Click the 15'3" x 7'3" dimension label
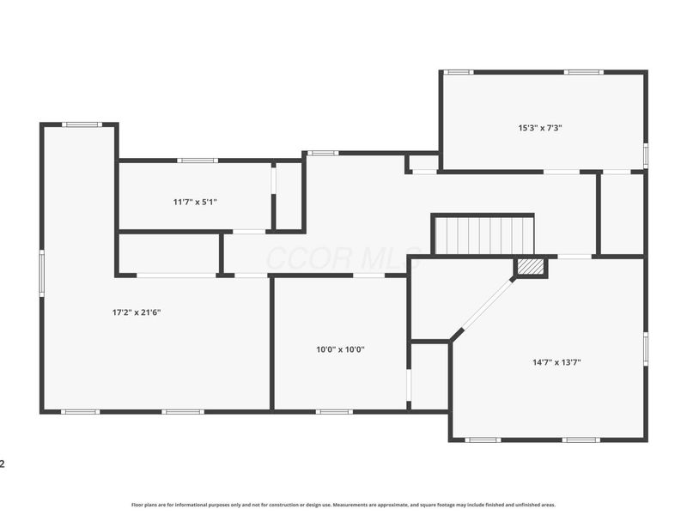coord(540,128)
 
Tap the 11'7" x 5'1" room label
coord(195,202)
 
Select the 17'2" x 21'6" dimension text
coord(137,312)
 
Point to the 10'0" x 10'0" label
coord(341,349)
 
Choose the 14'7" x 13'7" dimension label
coord(556,362)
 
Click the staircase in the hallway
coord(483,235)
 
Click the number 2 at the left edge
coord(3,464)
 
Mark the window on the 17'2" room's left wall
coord(41,274)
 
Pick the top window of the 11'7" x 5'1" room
coord(197,160)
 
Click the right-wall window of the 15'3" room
coord(645,154)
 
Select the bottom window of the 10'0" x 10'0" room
coord(334,412)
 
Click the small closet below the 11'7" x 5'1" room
coord(169,253)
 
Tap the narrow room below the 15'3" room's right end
coord(622,214)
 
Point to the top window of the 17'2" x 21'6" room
coord(82,124)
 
